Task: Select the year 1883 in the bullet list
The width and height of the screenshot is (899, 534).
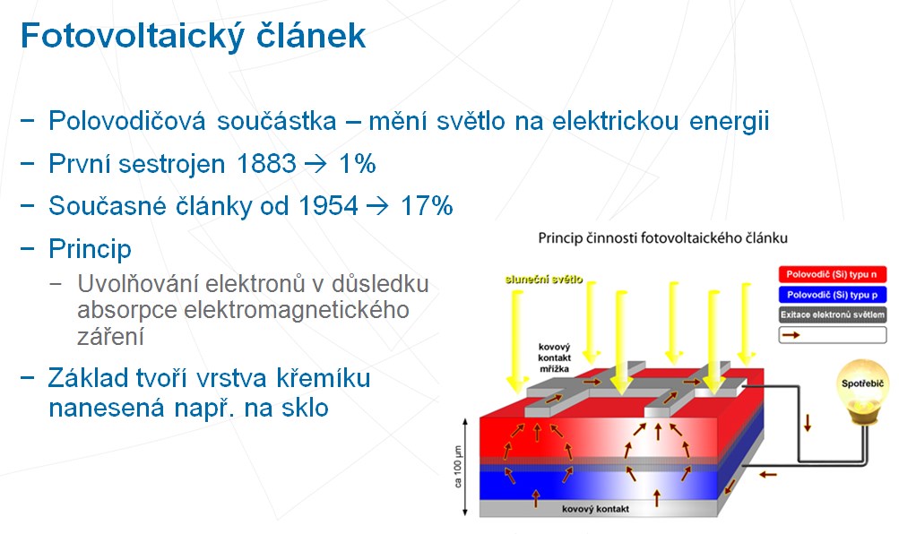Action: (x=266, y=164)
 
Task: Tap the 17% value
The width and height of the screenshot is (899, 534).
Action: (x=427, y=206)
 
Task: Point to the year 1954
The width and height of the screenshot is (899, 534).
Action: (x=329, y=206)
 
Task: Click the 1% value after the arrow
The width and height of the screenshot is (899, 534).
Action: (x=358, y=164)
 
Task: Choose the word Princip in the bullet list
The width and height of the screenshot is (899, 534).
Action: (x=90, y=249)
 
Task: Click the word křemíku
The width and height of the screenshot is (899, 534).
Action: (x=324, y=378)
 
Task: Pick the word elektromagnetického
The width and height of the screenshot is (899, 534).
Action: (x=297, y=310)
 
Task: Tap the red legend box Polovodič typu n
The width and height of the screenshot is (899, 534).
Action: (x=832, y=274)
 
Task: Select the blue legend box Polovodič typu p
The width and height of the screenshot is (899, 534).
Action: (x=832, y=295)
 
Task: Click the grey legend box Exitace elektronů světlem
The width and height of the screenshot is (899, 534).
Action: (x=832, y=314)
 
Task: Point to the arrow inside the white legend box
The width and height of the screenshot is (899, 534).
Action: (x=791, y=334)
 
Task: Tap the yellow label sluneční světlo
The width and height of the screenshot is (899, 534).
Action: (x=544, y=280)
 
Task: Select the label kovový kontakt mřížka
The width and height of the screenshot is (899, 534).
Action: (x=555, y=357)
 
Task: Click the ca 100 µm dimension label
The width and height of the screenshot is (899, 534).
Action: (x=457, y=467)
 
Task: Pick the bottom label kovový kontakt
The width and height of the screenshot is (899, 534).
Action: (x=595, y=509)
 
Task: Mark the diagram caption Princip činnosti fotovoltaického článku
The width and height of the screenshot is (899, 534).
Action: (x=662, y=237)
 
